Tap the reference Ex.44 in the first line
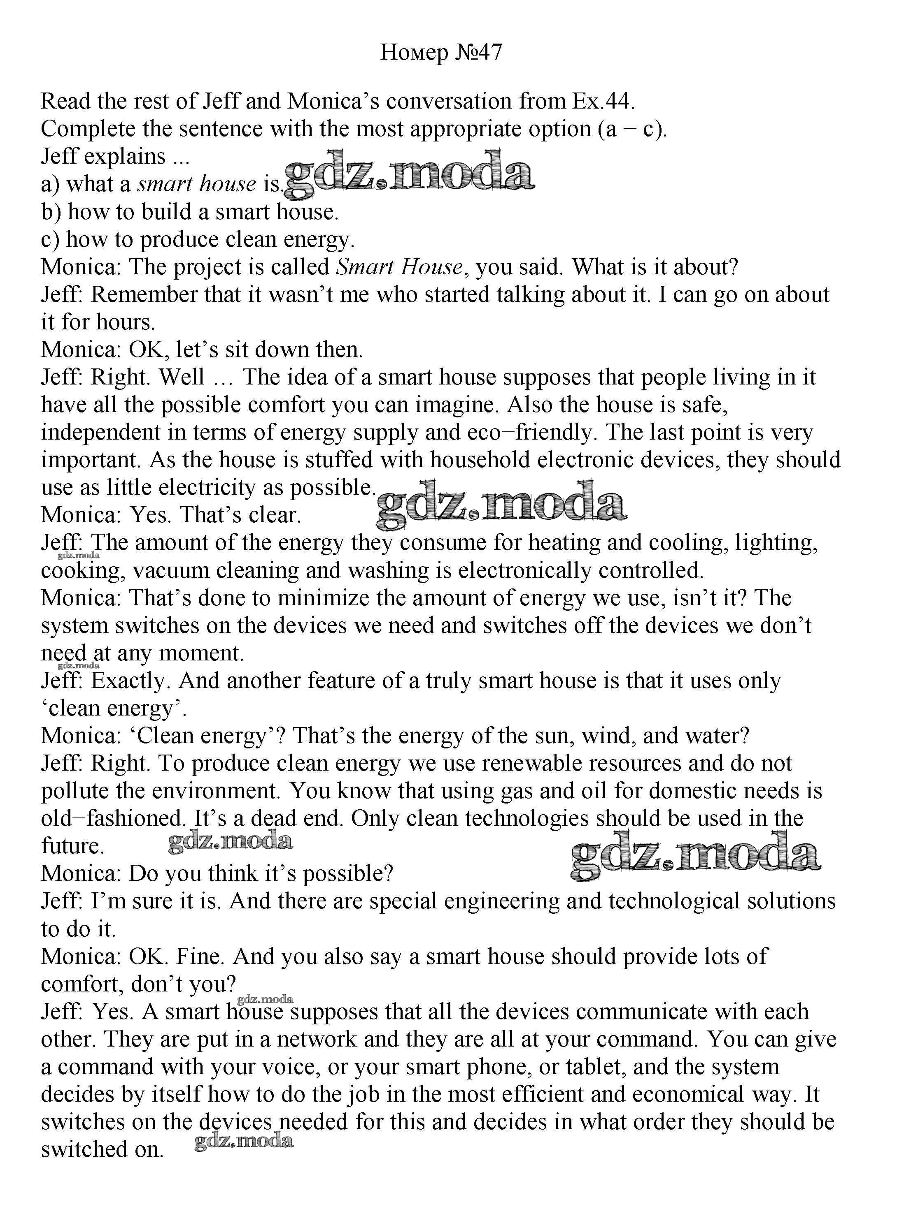tap(602, 101)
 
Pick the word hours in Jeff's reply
tap(126, 322)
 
